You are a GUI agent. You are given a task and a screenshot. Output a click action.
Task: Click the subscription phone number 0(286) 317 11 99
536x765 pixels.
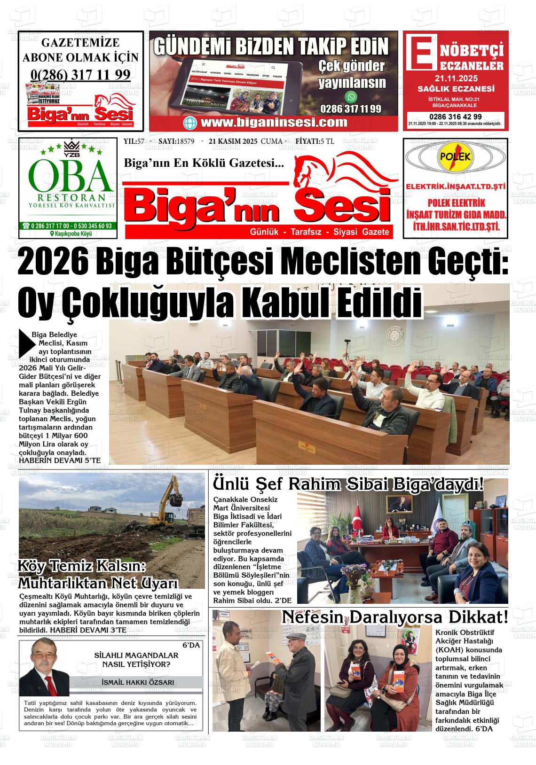(80, 74)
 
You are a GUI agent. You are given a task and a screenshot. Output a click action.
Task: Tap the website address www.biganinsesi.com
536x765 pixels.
(274, 123)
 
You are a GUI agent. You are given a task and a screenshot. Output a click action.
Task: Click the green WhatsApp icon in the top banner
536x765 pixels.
(351, 97)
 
